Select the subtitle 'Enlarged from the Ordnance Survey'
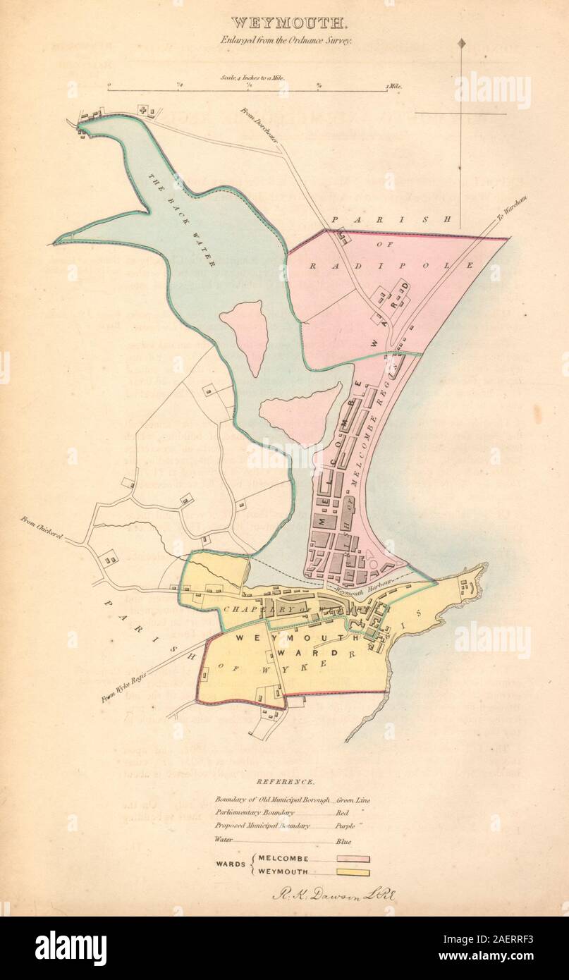point(285,41)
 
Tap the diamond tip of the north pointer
point(462,44)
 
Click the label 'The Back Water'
point(182,219)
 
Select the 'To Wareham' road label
point(512,209)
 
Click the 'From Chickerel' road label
point(42,528)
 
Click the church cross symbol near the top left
point(144,110)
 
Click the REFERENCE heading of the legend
point(285,782)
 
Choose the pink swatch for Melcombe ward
point(353,859)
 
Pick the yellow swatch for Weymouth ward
point(353,873)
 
